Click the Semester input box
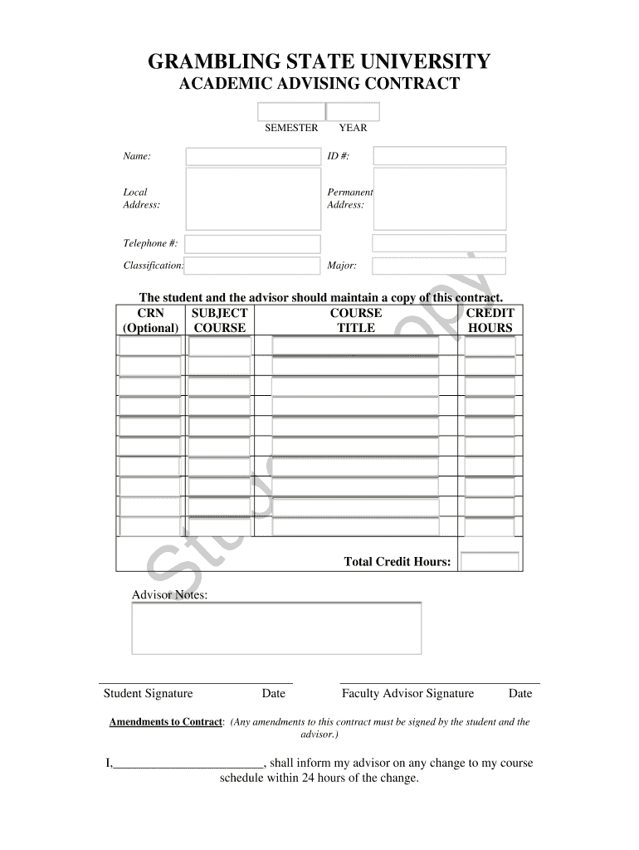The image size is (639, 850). (291, 112)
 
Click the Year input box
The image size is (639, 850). (354, 112)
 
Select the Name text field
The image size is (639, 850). (253, 156)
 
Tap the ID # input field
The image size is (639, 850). (439, 156)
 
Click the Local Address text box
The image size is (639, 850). (253, 198)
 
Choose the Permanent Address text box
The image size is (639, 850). (439, 198)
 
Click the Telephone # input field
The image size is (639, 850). (253, 243)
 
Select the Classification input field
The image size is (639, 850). (253, 266)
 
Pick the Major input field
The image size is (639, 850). (439, 266)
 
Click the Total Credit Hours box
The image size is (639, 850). (490, 562)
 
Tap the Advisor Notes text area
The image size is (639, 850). (276, 628)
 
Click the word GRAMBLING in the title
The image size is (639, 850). (211, 62)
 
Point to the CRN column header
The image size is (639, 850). (150, 314)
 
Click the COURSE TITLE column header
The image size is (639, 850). (356, 320)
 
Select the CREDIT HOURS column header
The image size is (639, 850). (490, 320)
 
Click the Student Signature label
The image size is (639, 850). (148, 694)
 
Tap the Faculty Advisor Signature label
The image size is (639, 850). (407, 694)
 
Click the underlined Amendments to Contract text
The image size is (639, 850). (166, 722)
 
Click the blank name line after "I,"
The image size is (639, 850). (188, 764)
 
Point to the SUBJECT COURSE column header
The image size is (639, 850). (219, 320)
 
